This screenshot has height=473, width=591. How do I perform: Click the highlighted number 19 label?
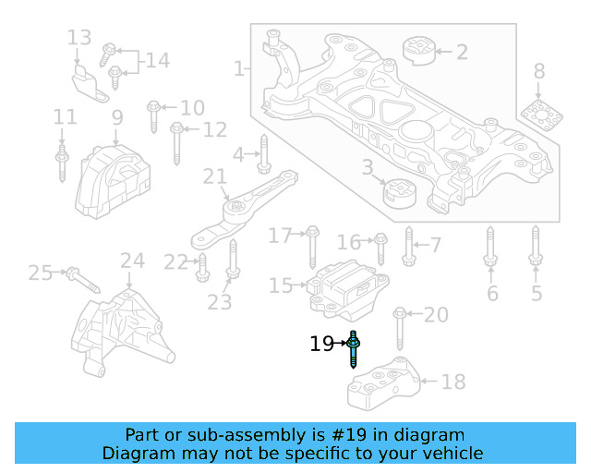(x=321, y=345)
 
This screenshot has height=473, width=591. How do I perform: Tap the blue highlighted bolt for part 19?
(x=355, y=349)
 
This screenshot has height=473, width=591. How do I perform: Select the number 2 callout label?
(x=462, y=52)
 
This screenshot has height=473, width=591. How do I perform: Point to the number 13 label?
(x=79, y=38)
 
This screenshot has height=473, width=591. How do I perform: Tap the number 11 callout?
(x=64, y=117)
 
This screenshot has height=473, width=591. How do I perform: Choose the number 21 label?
(x=214, y=176)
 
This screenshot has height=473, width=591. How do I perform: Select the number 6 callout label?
(x=492, y=295)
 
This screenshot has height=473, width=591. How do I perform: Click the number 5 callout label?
(x=537, y=295)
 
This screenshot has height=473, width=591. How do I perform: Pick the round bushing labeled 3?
(x=401, y=194)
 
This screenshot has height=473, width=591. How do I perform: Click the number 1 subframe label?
(x=239, y=68)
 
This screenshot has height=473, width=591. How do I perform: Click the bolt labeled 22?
(x=202, y=266)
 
